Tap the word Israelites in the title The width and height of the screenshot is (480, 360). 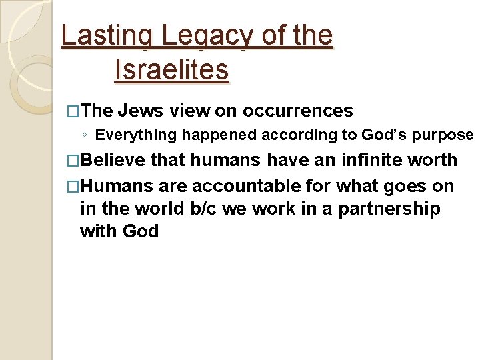(171, 69)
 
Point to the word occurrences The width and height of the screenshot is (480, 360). (297, 110)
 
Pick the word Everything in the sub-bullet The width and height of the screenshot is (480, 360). (136, 135)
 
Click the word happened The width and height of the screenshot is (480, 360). (219, 135)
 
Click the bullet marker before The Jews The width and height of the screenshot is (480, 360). (73, 111)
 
